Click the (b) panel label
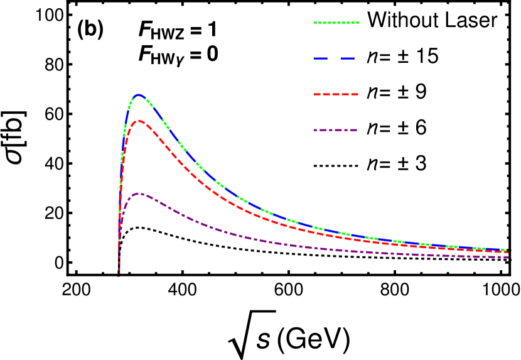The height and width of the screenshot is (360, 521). pyautogui.click(x=91, y=28)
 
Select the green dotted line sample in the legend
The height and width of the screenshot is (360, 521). pyautogui.click(x=336, y=23)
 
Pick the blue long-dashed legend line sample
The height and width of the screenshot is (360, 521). pyautogui.click(x=335, y=58)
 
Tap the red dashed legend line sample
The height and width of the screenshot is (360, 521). pyautogui.click(x=336, y=94)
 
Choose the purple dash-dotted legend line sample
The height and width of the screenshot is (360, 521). pyautogui.click(x=335, y=130)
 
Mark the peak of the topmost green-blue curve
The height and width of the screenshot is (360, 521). pyautogui.click(x=139, y=94)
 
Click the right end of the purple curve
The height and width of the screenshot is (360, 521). pyautogui.click(x=508, y=257)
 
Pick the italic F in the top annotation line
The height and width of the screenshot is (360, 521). pyautogui.click(x=144, y=29)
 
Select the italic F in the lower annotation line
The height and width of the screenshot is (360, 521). pyautogui.click(x=144, y=55)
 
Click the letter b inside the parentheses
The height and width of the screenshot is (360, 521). pyautogui.click(x=91, y=28)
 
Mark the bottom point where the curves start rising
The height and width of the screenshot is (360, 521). pyautogui.click(x=119, y=275)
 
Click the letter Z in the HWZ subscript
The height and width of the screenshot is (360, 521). pyautogui.click(x=180, y=35)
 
